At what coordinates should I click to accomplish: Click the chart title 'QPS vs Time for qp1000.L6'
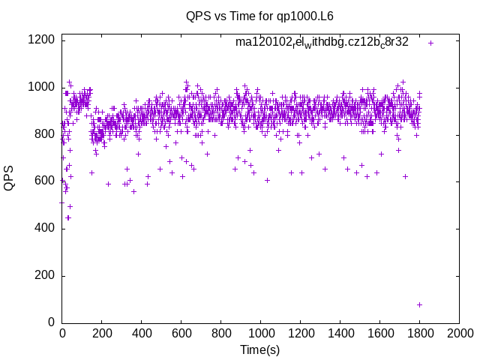[259, 16]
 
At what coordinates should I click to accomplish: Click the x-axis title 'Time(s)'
[259, 349]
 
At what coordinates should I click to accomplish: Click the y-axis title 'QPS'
[10, 177]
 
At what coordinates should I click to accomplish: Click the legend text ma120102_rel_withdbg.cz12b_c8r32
[322, 42]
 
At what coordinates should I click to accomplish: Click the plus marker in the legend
[431, 43]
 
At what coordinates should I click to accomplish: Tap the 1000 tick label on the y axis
[42, 88]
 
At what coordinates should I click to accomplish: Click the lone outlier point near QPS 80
[419, 304]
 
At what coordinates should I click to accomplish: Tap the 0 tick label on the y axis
[51, 322]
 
